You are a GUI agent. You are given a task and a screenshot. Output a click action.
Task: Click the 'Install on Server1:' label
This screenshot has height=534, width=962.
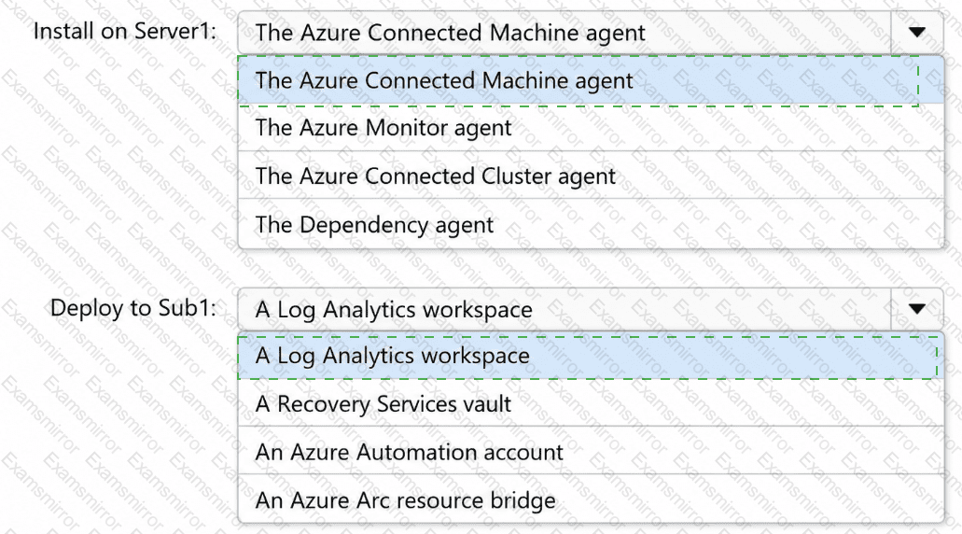click(x=124, y=31)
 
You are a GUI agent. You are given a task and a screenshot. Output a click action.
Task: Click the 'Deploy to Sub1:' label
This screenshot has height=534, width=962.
click(x=133, y=308)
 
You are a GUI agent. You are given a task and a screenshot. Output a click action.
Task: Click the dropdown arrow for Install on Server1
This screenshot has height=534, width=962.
click(x=916, y=32)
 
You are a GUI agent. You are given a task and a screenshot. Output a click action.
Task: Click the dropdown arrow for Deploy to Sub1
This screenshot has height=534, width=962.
click(x=916, y=309)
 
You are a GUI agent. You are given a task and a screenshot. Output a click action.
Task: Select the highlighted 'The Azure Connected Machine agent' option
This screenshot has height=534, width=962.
click(x=444, y=81)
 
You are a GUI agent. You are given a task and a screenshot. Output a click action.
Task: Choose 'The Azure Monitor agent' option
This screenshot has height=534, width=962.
click(x=383, y=128)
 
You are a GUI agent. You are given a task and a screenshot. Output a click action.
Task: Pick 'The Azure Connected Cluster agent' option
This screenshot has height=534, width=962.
click(x=435, y=176)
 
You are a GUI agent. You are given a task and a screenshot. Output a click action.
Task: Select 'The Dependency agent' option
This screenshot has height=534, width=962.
click(x=374, y=225)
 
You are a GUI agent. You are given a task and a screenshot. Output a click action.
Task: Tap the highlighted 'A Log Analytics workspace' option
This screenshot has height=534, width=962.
click(x=393, y=356)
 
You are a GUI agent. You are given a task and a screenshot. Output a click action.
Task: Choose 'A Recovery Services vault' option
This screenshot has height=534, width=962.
click(x=383, y=404)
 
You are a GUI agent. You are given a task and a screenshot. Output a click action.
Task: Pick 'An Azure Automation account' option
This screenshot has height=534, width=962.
click(x=410, y=453)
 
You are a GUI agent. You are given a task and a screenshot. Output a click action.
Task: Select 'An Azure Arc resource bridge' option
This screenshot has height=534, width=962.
click(x=406, y=500)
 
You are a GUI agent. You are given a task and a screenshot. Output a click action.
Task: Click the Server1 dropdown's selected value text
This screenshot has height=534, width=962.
click(x=451, y=33)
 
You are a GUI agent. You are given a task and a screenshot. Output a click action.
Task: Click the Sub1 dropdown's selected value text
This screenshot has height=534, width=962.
click(x=394, y=310)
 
